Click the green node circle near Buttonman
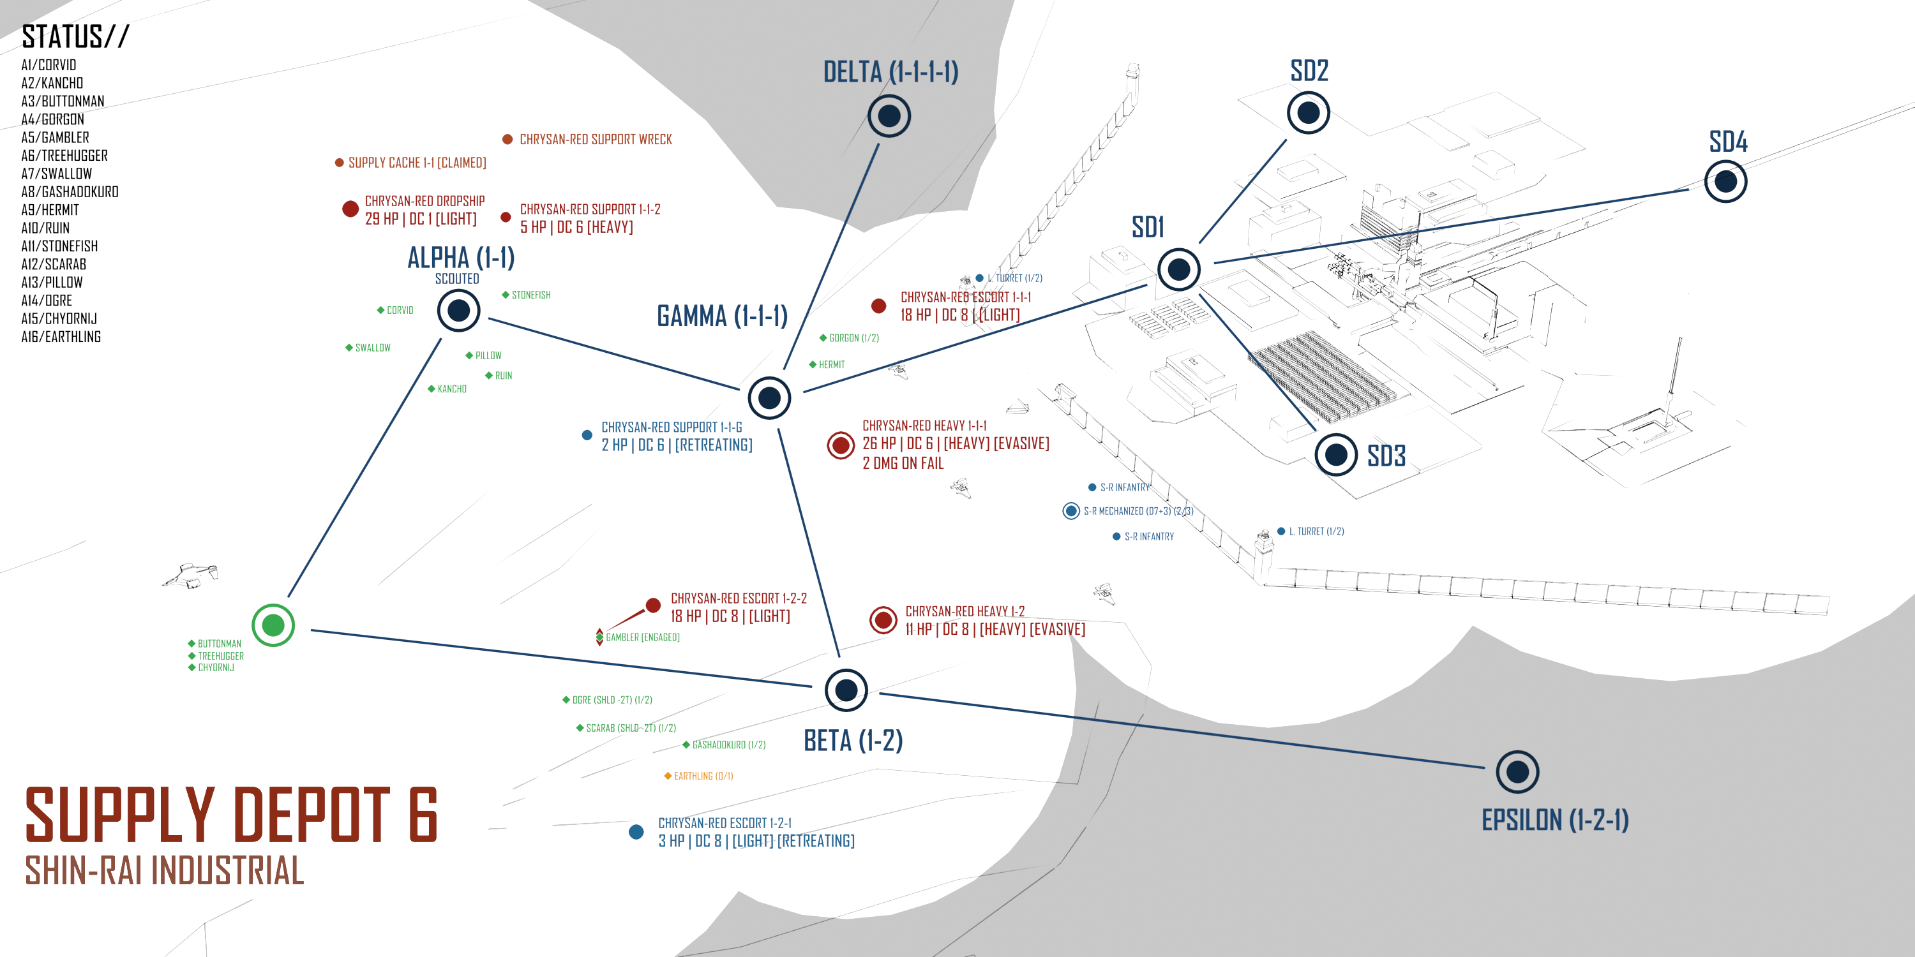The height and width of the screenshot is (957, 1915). tap(273, 625)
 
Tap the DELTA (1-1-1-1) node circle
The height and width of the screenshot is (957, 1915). tap(889, 116)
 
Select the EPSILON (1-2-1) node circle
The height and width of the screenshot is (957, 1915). tap(1517, 772)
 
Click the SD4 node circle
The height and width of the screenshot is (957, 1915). tap(1725, 181)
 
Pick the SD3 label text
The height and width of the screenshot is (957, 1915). tap(1386, 456)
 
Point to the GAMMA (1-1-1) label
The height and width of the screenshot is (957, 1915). tap(722, 316)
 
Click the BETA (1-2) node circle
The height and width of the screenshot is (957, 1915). tap(846, 690)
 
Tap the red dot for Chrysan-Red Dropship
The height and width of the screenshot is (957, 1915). tap(350, 209)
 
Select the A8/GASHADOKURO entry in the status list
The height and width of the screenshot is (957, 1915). tap(70, 191)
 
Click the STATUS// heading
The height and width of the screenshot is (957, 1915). tap(75, 36)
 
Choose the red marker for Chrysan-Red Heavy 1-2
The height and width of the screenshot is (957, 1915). tap(883, 619)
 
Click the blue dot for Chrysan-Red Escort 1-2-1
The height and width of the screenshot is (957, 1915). tap(636, 831)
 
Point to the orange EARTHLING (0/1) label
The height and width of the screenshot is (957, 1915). tap(703, 776)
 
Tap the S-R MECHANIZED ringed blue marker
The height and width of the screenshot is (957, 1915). tap(1070, 510)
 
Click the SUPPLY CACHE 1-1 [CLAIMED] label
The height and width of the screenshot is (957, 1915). tap(416, 163)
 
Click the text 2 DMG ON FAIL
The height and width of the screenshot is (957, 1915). tap(903, 463)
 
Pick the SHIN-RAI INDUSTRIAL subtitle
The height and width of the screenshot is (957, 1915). tap(164, 870)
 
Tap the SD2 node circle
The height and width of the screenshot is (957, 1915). tap(1308, 113)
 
